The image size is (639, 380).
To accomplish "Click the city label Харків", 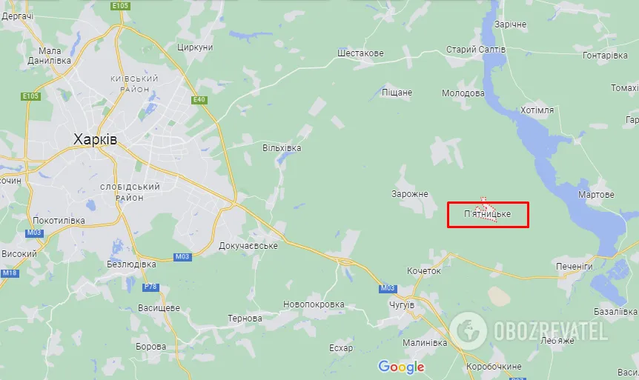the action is (95, 139).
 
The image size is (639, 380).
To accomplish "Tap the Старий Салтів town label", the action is (475, 49).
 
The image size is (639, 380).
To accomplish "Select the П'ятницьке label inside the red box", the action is (487, 214).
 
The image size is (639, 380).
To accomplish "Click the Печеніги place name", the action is (575, 266).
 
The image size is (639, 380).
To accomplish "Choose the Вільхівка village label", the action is (282, 148).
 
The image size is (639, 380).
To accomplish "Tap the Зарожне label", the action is (410, 194).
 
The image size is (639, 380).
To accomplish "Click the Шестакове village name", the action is (360, 53).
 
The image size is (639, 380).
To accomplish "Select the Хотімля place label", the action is (537, 110).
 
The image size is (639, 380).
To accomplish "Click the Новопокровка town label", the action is (314, 304).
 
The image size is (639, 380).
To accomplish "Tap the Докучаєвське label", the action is (248, 245).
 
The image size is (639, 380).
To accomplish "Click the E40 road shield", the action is (198, 100).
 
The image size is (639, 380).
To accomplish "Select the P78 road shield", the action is (150, 287).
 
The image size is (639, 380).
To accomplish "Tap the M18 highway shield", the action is (9, 273).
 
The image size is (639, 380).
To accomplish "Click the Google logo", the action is (401, 366).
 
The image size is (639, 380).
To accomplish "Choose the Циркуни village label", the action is (195, 47).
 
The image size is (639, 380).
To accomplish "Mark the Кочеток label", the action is (424, 271).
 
